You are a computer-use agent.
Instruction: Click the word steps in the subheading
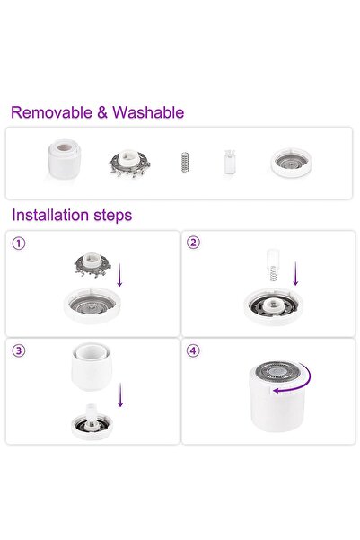pos(115,216)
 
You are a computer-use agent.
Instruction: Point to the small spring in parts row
pos(184,163)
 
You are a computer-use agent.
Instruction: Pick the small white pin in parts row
pos(230,163)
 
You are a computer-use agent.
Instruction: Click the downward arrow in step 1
pos(120,274)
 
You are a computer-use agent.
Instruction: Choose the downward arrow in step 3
pos(121,393)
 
